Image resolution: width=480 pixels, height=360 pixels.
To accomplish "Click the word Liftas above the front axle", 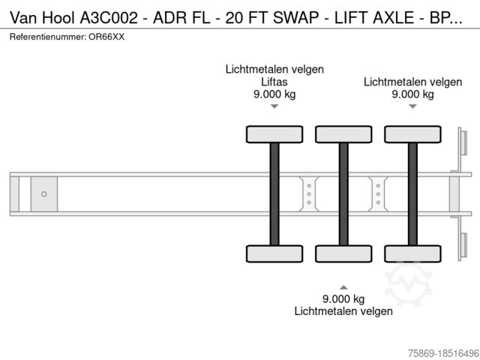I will tap(274, 82).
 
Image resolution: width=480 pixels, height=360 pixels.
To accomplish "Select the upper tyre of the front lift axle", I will tap(274, 134).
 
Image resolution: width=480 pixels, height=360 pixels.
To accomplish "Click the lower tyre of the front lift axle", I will tap(274, 253).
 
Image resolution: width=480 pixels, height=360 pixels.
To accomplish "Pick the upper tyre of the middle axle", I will tap(343, 134).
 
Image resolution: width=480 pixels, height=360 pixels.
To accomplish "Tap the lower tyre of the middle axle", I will tap(343, 253).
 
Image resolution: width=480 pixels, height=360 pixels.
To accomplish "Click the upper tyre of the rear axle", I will tap(412, 134).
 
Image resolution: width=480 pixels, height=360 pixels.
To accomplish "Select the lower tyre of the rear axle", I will tap(412, 253).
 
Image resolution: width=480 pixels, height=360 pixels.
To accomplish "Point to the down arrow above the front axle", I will tap(274, 106).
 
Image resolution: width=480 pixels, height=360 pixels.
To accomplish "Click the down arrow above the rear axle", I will tap(412, 106).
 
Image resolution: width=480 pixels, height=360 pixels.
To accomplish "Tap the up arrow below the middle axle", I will tap(343, 286).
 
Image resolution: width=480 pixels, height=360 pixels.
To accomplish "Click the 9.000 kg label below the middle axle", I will tap(343, 298).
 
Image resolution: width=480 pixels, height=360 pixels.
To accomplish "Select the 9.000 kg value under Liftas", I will tap(274, 94).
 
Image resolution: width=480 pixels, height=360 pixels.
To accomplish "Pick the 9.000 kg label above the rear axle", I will tap(412, 94).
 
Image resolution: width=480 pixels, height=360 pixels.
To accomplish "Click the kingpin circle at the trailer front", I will tap(44, 194).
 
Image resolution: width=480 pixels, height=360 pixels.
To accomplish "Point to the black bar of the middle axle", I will tap(343, 194).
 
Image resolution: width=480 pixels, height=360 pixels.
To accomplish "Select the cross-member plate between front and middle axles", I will tap(309, 194).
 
